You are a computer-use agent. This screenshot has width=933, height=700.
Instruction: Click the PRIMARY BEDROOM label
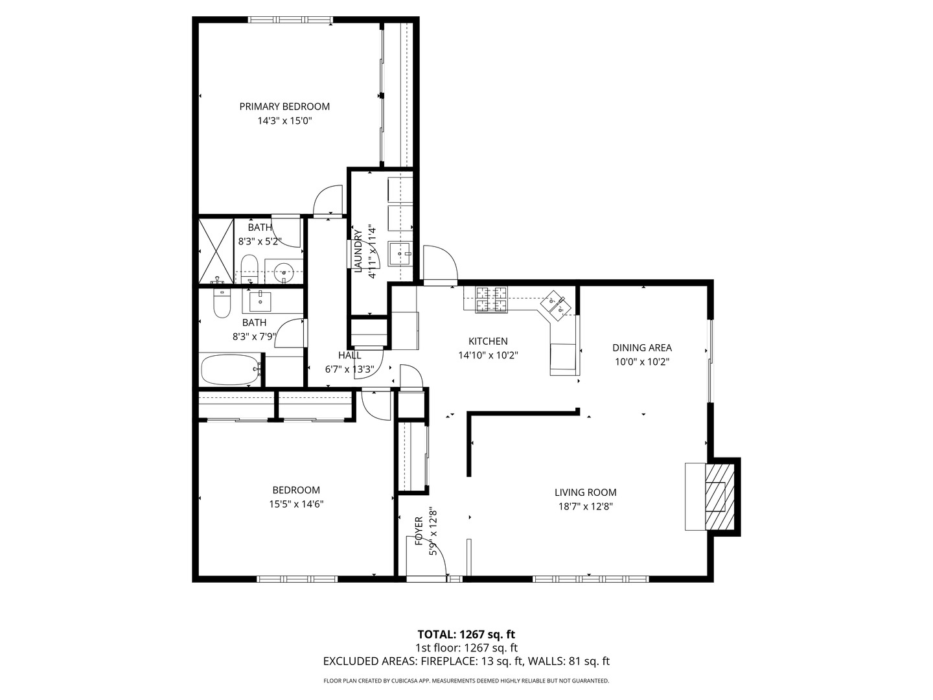(x=284, y=106)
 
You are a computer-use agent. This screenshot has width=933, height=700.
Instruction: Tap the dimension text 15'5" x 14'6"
(x=296, y=504)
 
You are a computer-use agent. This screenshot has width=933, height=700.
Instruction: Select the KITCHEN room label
(x=488, y=341)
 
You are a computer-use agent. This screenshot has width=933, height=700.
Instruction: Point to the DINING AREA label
(x=641, y=347)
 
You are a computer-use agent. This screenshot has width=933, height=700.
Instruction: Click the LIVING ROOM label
(x=585, y=493)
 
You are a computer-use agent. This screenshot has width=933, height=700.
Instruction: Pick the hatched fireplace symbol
(x=716, y=496)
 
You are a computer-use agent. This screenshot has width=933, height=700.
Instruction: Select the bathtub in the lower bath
(x=230, y=369)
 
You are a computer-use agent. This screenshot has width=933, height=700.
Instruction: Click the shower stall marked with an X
(x=215, y=250)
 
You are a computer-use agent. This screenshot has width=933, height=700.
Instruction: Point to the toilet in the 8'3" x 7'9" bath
(x=222, y=304)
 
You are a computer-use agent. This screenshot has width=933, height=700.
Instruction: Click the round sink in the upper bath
(x=283, y=273)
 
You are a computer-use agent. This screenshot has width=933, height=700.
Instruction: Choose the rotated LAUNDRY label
(x=357, y=250)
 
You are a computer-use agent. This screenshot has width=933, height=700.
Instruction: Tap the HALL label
(x=349, y=355)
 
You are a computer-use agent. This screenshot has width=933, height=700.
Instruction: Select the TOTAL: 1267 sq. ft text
(x=466, y=634)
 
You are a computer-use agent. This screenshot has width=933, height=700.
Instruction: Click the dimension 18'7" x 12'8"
(x=585, y=506)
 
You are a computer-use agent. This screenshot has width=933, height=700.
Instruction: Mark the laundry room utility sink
(x=399, y=253)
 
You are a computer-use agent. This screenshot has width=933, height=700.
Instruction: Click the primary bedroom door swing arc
(x=328, y=198)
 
